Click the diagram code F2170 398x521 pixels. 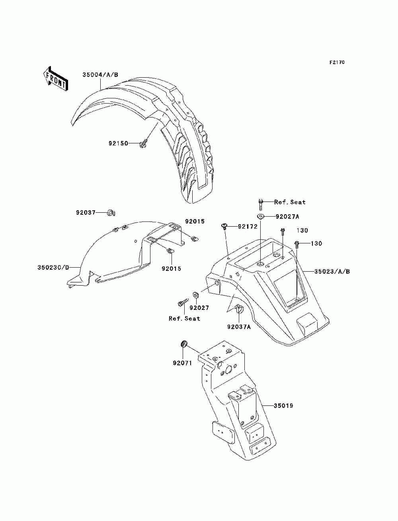337,63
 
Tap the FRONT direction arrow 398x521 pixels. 55,78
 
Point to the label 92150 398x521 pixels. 118,143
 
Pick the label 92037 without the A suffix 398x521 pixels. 86,212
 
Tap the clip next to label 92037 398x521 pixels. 111,213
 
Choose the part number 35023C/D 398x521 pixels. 53,268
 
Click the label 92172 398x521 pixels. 248,227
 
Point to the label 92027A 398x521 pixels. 287,217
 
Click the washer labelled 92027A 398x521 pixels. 261,217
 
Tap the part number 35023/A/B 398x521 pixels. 332,272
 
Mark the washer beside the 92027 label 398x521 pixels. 196,295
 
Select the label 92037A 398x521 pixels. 239,327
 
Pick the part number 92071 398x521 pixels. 182,363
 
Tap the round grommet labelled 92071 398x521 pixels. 184,344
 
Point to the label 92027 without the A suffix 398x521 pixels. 199,308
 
